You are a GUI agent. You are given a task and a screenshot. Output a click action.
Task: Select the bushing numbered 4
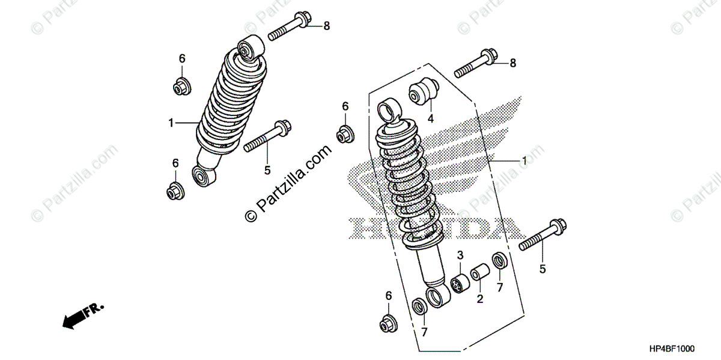click(x=425, y=91)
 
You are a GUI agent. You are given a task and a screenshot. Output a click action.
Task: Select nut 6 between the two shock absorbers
click(x=345, y=134)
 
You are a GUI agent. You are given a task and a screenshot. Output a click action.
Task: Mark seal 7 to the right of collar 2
click(x=499, y=261)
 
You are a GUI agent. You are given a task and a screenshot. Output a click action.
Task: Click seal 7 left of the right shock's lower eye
click(x=418, y=305)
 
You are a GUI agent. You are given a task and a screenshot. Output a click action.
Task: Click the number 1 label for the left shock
click(x=171, y=123)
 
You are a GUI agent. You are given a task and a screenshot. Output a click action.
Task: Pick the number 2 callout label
click(x=480, y=298)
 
